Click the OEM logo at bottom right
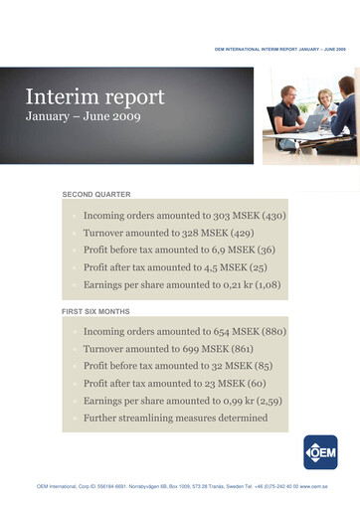[x=320, y=451]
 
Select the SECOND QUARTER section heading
[x=96, y=194]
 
